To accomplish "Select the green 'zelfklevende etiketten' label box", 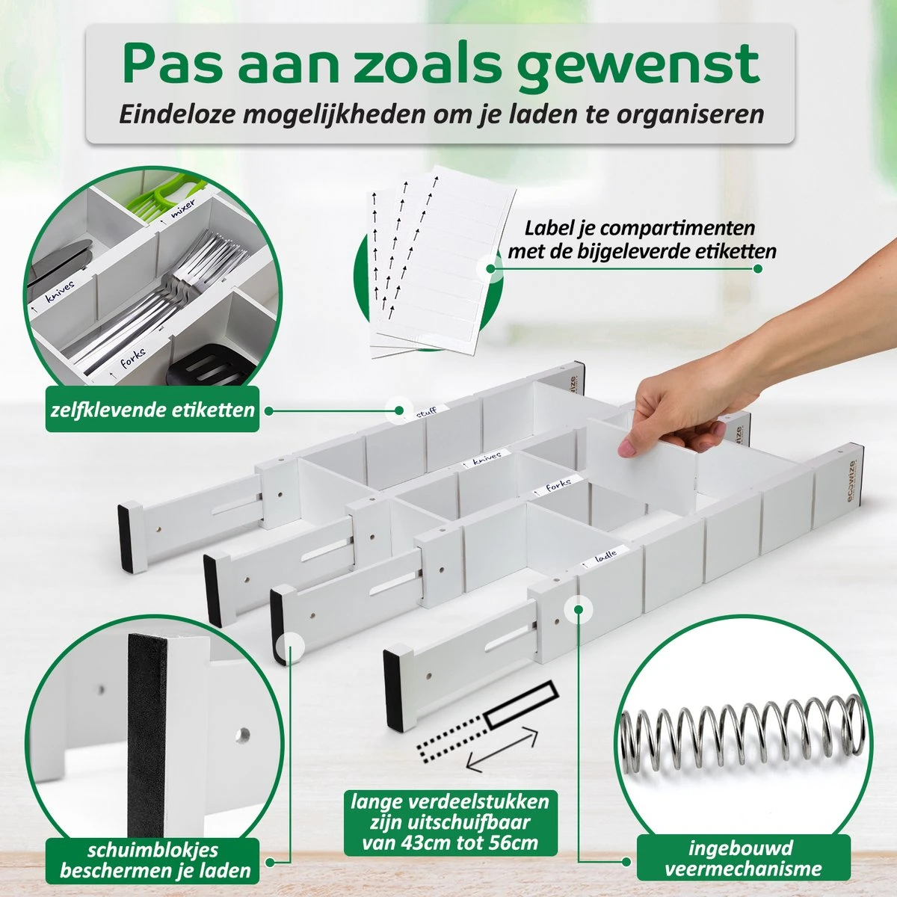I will pyautogui.click(x=152, y=409).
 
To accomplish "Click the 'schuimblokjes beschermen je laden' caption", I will pyautogui.click(x=152, y=860).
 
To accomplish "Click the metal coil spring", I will pyautogui.click(x=742, y=736).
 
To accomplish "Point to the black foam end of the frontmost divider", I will pyautogui.click(x=394, y=688).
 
